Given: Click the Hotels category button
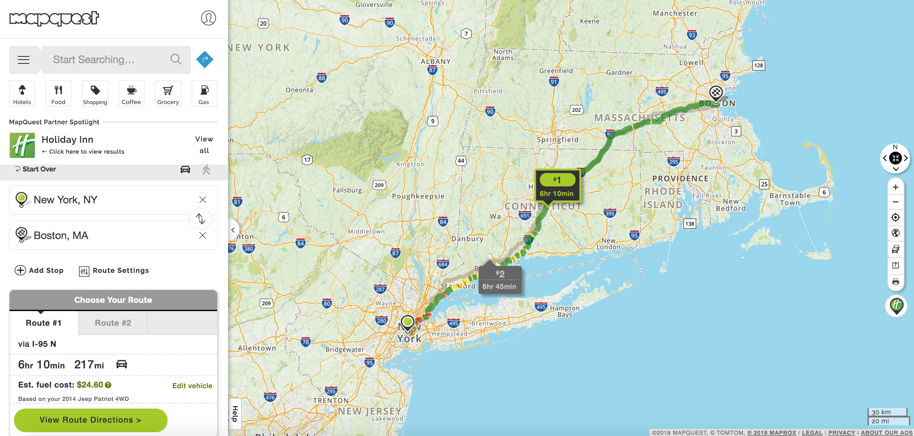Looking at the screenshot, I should tap(22, 93).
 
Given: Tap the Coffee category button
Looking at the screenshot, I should tap(131, 93).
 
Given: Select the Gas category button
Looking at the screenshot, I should tap(204, 93).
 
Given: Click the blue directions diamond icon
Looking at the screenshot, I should tap(205, 59).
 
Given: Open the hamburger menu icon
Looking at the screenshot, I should tap(24, 60).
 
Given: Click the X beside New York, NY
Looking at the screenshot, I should tap(203, 200).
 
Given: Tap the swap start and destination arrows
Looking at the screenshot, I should tap(200, 219).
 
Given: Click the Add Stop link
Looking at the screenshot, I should tap(39, 270).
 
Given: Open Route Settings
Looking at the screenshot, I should tap(114, 271).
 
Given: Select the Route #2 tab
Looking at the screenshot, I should tap(113, 323).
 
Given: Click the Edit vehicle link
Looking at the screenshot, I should tap(192, 386).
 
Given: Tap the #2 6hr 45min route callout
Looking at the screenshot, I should tap(500, 280).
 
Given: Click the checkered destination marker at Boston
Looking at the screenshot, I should tap(716, 93).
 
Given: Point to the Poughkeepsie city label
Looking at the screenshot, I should tap(418, 196).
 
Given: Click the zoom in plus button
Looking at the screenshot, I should tap(896, 187).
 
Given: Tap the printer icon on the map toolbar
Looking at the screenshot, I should tap(896, 282).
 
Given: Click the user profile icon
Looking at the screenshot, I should tap(208, 18).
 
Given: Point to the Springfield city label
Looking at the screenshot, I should tap(557, 140).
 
